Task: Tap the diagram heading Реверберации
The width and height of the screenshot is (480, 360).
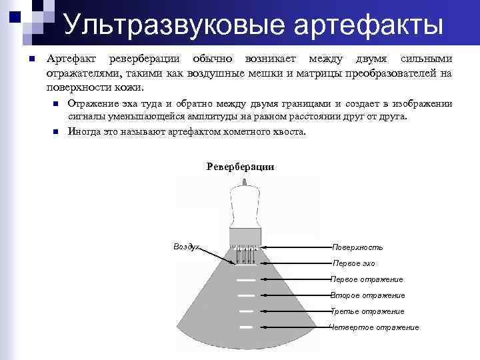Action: (x=241, y=166)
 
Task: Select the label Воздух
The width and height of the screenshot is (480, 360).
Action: (x=186, y=246)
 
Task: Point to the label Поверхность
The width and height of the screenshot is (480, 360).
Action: (x=357, y=247)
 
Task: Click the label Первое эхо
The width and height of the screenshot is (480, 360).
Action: (x=353, y=263)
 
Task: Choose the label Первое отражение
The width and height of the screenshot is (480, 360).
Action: (x=367, y=279)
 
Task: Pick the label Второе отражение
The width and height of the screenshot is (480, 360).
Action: (x=367, y=295)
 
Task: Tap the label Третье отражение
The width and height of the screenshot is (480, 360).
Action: (x=367, y=311)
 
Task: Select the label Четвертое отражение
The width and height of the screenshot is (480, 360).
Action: (x=374, y=327)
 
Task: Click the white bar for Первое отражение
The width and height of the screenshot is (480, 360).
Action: (x=246, y=279)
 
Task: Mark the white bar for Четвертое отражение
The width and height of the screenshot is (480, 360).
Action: (x=246, y=327)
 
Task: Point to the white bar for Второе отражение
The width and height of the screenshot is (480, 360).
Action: (x=246, y=295)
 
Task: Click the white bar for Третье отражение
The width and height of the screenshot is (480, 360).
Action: (x=246, y=311)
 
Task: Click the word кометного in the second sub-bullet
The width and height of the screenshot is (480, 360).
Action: (x=239, y=131)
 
